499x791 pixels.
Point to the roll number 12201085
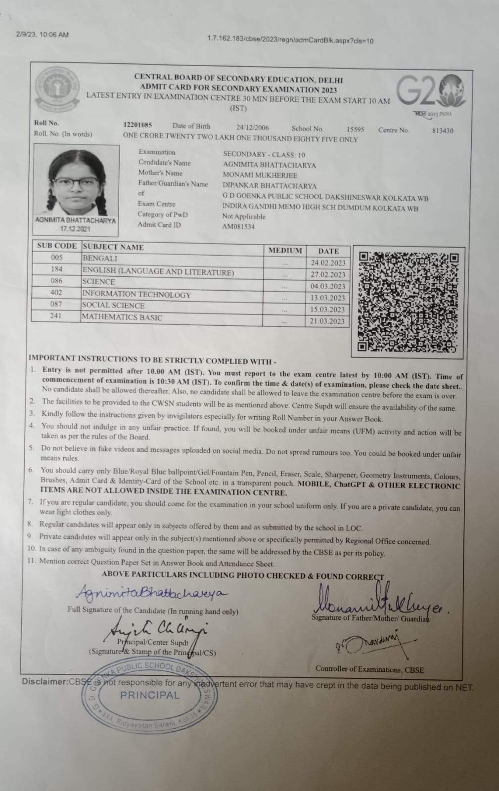137,125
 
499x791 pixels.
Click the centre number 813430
442,131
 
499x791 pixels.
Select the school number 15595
355,129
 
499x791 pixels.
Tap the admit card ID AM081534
238,227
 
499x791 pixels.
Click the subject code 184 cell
56,269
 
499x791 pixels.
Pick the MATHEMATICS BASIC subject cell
122,317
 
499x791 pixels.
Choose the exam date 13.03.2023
327,298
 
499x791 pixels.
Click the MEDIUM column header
285,251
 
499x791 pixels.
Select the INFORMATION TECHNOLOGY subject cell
136,295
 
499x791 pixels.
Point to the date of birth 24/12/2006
252,127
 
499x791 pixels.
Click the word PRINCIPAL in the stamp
150,695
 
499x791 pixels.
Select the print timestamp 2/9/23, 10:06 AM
42,35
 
